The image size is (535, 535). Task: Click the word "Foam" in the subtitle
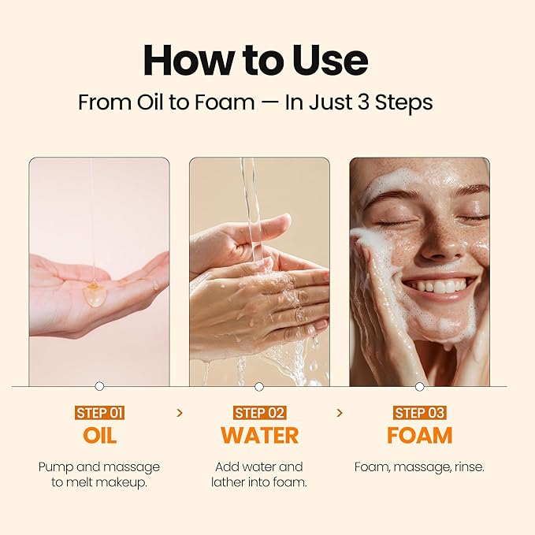[232, 103]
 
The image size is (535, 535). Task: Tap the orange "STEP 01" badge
[99, 413]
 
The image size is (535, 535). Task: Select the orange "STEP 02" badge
[259, 413]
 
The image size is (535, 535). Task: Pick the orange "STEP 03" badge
[419, 413]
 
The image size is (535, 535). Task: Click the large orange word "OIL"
[99, 436]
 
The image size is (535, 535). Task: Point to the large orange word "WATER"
[259, 436]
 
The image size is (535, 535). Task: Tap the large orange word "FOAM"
[419, 436]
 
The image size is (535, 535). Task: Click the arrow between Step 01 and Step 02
[180, 412]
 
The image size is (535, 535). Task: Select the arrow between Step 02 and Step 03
[340, 412]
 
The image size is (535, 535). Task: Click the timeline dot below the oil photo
[99, 386]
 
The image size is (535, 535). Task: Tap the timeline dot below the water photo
[259, 386]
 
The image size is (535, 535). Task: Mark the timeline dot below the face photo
[419, 386]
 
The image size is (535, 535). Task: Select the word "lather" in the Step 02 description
[229, 482]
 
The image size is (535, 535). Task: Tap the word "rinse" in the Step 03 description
[466, 467]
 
